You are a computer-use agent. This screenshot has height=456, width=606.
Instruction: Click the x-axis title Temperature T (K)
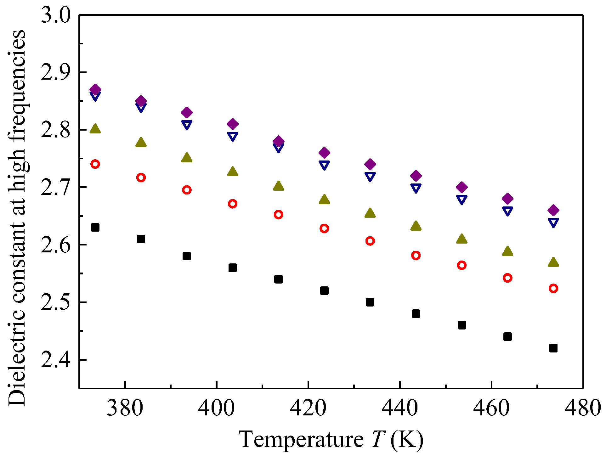point(331,439)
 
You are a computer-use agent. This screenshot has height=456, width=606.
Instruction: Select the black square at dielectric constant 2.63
point(95,227)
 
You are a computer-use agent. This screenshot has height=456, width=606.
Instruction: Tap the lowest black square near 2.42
point(553,348)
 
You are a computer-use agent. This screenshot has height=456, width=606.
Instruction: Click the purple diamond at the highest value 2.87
point(95,89)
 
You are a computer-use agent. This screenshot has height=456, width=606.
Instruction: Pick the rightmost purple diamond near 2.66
point(553,210)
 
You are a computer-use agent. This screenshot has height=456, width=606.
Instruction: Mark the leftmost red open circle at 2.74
point(95,164)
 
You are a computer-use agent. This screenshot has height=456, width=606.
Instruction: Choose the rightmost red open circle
point(553,288)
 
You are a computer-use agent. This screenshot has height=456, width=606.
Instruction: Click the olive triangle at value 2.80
point(95,129)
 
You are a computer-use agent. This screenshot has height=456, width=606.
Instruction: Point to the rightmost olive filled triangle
point(553,262)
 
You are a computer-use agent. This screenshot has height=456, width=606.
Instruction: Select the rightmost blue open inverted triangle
point(553,222)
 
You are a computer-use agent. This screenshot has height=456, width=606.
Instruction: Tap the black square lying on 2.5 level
point(370,302)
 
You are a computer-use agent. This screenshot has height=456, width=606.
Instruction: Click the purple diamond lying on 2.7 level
point(462,187)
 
